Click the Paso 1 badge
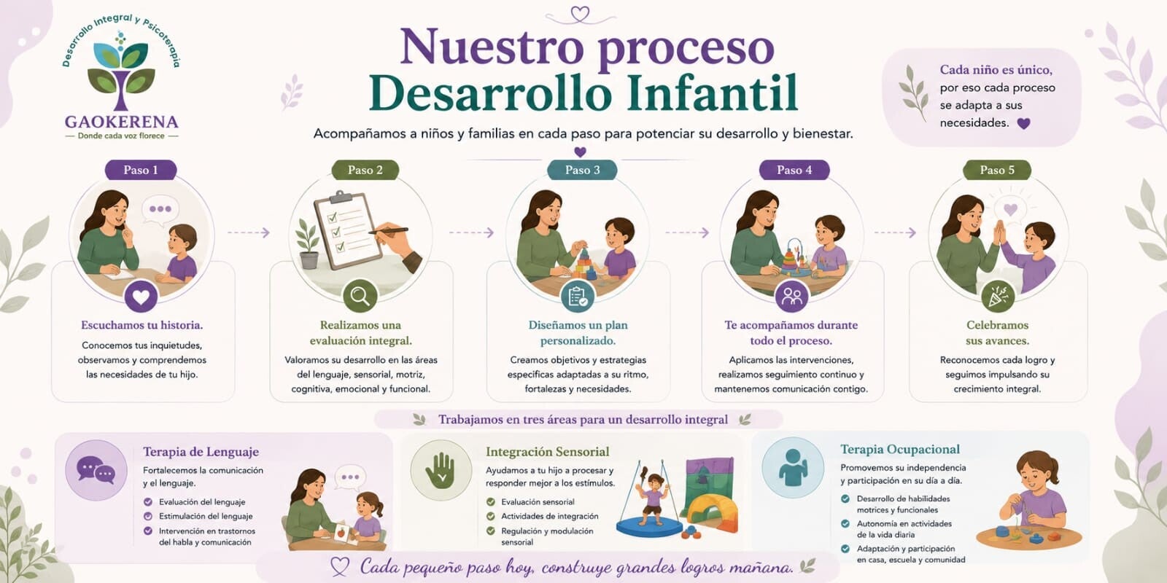pos(141,171)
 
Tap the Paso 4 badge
pos(794,171)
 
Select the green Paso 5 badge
pos(996,171)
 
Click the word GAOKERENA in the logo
pos(121,122)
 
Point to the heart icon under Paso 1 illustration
pos(141,297)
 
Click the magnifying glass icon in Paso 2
pos(360,296)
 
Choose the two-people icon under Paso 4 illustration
pos(791,297)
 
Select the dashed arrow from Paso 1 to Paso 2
pos(249,232)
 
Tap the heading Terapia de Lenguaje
pos(201,452)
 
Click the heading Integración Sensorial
pos(547,452)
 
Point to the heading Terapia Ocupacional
pos(900,449)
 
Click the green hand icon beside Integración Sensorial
pos(441,470)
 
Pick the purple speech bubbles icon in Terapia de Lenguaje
pos(96,470)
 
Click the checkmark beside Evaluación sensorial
pos(490,502)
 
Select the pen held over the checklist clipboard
pos(389,230)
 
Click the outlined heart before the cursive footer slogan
pos(340,566)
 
